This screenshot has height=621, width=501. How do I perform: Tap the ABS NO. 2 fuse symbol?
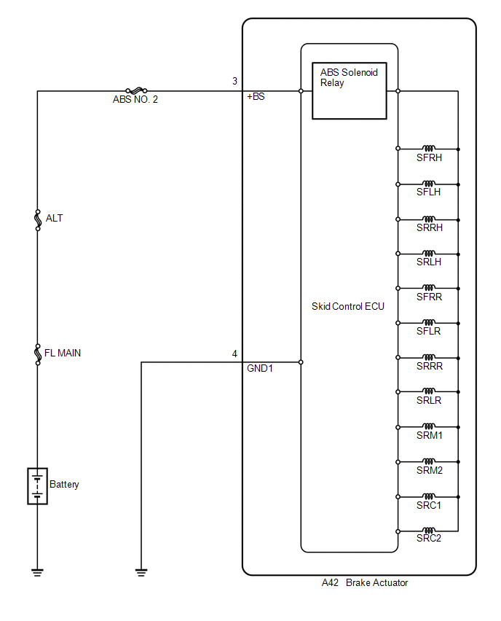136,90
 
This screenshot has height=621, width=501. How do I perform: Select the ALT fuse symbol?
38,220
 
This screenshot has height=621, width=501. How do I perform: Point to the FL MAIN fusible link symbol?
38,354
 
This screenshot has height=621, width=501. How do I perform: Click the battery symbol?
38,486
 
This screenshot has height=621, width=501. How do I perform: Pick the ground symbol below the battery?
38,572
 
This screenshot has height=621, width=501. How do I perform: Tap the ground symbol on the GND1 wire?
141,572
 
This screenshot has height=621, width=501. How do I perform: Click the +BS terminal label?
256,97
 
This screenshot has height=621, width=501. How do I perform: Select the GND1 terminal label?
260,368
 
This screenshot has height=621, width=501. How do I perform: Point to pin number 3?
234,81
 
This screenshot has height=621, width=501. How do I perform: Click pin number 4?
234,354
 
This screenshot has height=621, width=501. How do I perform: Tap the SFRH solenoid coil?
429,149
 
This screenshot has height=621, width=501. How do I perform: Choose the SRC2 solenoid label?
429,538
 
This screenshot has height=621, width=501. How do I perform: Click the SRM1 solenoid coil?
429,426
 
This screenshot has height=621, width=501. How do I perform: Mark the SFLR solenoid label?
429,331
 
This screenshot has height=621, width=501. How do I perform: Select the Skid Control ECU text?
348,307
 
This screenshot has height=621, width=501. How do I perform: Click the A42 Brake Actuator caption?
365,582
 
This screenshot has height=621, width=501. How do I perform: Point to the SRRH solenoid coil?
429,219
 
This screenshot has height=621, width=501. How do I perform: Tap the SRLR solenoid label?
429,400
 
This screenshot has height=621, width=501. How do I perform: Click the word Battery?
64,485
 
